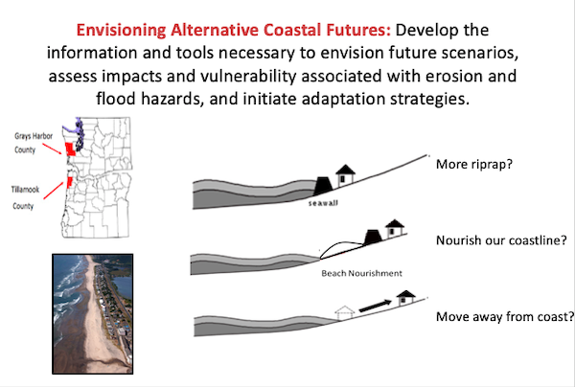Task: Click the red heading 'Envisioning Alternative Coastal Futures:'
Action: [234, 30]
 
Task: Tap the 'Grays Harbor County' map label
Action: [34, 143]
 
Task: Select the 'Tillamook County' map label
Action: [25, 197]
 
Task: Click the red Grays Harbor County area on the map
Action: [70, 149]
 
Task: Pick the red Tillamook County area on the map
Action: [69, 183]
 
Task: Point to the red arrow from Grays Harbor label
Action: [52, 148]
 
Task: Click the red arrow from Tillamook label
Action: [54, 191]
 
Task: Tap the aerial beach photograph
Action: [92, 313]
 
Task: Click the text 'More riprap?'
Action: [474, 164]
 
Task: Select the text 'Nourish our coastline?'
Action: [501, 240]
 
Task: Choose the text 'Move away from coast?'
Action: [505, 316]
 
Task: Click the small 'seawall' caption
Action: [323, 203]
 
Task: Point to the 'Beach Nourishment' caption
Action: [361, 273]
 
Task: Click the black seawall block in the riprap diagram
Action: [323, 186]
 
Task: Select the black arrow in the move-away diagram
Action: [375, 306]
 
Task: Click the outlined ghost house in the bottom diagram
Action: [345, 312]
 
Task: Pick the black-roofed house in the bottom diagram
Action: [406, 298]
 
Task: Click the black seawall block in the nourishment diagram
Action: [373, 238]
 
